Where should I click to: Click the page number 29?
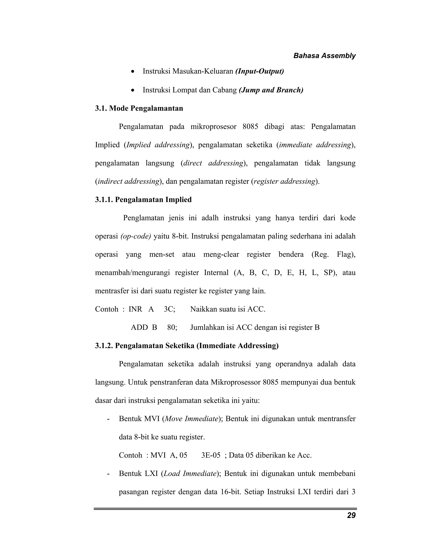tap(351, 515)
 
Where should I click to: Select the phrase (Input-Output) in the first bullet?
tap(259, 71)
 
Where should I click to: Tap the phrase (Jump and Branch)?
tap(271, 90)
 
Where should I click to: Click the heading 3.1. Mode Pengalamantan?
tap(139, 108)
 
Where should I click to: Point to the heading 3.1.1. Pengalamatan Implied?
tap(143, 199)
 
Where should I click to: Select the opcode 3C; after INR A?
tap(169, 309)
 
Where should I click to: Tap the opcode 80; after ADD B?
tap(172, 327)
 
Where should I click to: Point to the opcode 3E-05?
tap(210, 455)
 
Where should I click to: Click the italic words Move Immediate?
tap(191, 419)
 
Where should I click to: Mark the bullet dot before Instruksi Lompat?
tap(132, 91)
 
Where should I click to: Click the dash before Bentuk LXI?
tap(109, 474)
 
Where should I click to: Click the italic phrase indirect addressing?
tap(128, 181)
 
